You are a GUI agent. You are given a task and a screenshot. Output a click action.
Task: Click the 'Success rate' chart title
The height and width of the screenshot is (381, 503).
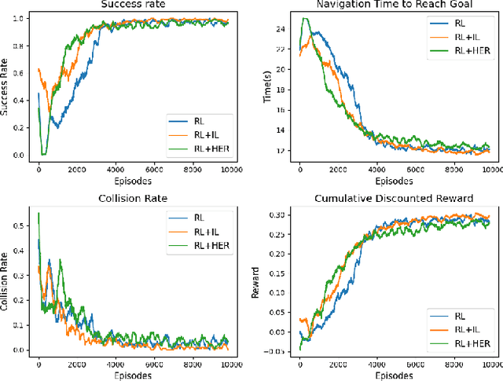[134, 4]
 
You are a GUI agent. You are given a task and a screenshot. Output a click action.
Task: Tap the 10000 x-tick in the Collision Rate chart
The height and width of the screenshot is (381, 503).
[230, 364]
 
